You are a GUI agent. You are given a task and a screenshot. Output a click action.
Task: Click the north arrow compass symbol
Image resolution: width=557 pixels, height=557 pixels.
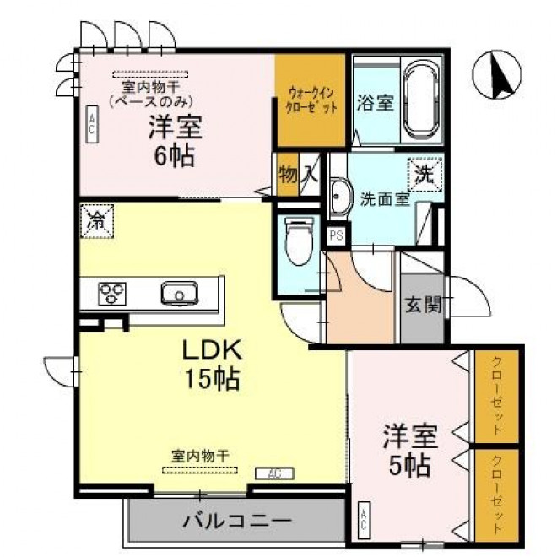[496, 74]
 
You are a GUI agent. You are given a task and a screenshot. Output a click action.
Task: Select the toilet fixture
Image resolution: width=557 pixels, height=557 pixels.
[299, 241]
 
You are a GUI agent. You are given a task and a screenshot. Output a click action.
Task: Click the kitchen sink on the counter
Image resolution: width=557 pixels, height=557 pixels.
[180, 293]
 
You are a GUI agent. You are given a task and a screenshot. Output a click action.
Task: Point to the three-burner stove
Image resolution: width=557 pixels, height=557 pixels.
[112, 294]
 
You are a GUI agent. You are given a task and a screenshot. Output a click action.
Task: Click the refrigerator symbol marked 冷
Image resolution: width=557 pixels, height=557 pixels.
[97, 220]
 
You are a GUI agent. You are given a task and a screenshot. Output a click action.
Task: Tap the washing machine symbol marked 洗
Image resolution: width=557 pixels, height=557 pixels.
[425, 175]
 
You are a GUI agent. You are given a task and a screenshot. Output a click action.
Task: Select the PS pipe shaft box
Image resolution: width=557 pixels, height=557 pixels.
[336, 235]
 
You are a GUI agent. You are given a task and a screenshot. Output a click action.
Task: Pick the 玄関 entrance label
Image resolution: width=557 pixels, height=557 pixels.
[423, 305]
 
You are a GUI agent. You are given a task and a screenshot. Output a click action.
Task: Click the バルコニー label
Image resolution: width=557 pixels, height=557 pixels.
[237, 522]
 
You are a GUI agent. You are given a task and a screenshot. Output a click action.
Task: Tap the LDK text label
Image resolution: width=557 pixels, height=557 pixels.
[212, 349]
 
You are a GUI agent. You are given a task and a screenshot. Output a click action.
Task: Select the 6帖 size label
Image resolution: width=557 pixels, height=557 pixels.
[175, 156]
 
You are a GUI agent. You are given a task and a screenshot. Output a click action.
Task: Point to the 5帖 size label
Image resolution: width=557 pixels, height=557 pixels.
[409, 465]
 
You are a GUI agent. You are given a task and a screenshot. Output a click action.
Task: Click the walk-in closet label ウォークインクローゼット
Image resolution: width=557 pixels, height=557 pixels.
[311, 100]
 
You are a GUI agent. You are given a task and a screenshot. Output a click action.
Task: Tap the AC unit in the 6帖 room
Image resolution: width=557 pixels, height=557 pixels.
[92, 124]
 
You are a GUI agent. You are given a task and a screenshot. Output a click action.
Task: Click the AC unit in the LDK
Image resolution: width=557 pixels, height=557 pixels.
[274, 473]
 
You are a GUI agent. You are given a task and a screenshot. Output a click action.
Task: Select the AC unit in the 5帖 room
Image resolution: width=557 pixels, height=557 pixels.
[365, 521]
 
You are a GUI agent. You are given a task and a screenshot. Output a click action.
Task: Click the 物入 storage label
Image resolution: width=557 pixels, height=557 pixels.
[298, 175]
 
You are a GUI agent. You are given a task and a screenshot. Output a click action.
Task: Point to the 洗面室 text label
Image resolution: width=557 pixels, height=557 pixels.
[385, 199]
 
